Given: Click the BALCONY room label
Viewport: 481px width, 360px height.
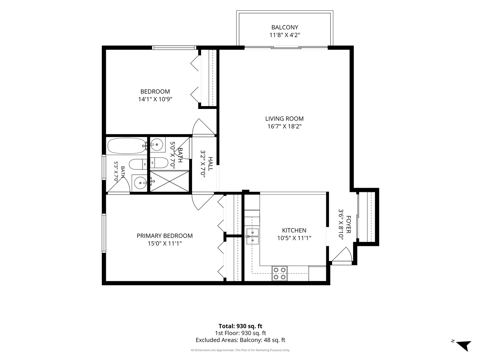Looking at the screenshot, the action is coord(285,27).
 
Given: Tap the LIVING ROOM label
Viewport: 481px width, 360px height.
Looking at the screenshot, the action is coord(285,119).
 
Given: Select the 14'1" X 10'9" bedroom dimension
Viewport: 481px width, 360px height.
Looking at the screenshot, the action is coord(155,99).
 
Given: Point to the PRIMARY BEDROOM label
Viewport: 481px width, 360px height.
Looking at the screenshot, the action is coord(165,236).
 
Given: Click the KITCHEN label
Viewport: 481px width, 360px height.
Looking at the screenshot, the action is coord(294,230).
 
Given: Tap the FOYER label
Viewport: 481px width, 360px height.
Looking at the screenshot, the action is coord(348,224).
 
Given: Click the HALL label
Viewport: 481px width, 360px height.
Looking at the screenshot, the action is coord(210,164).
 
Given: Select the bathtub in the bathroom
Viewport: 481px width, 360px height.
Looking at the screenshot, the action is coord(127,146).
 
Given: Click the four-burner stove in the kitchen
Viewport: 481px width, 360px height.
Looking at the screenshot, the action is coord(280,273).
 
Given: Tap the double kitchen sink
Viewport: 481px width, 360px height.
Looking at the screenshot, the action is coord(253,236).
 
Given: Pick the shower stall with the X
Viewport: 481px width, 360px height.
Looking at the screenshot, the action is coord(169,182).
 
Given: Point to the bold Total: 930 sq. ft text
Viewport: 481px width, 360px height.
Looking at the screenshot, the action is coord(240,326).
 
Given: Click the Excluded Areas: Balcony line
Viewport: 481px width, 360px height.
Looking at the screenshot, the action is coord(240,340).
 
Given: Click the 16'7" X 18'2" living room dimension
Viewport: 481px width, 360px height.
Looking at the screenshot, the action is coord(285,127).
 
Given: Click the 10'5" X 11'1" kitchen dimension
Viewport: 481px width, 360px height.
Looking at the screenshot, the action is coord(294,238).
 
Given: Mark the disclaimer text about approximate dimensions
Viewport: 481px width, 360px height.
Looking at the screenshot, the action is coord(240,350).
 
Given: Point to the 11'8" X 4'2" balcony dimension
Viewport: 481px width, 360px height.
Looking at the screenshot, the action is coord(285,35).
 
